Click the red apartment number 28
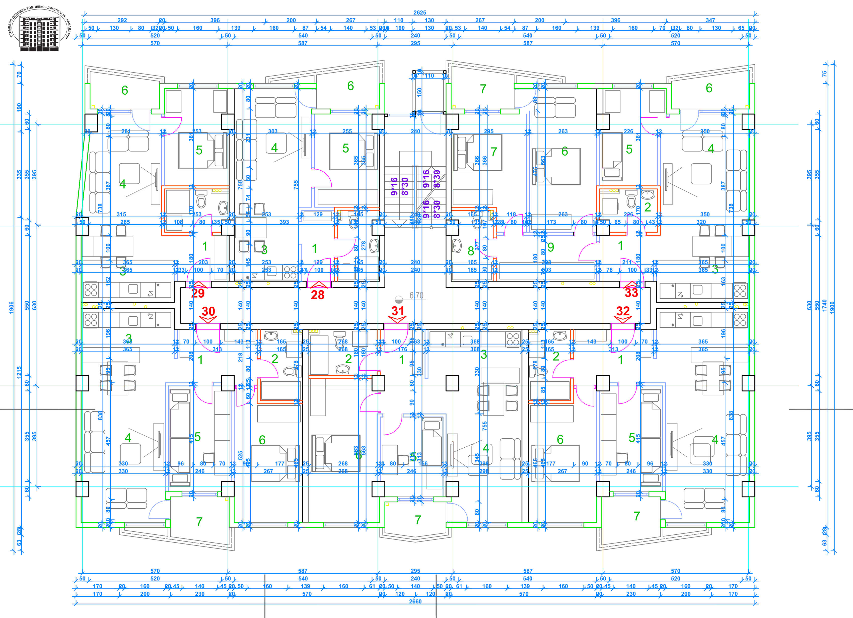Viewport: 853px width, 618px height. (x=317, y=295)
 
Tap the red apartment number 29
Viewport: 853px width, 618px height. (x=198, y=293)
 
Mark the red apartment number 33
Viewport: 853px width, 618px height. (x=631, y=293)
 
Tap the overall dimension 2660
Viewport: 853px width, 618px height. (x=415, y=601)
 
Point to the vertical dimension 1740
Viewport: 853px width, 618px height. (x=824, y=305)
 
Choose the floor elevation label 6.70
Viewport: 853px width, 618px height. (x=416, y=296)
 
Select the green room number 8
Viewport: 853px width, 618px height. (x=470, y=251)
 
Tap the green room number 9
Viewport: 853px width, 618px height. (x=551, y=247)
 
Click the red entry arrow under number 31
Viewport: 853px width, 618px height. (x=398, y=319)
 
